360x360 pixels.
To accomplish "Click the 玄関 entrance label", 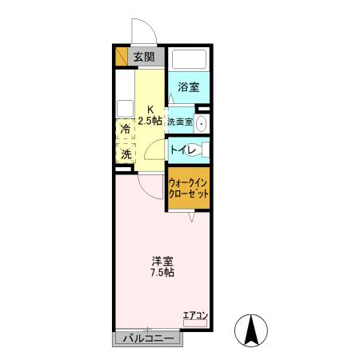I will point(145,57).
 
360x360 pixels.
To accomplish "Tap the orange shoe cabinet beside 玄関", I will point(122,57).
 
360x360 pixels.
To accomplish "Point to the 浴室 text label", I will point(189,87).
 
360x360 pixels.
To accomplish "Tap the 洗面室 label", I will point(180,122).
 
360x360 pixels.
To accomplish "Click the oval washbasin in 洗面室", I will point(202,122).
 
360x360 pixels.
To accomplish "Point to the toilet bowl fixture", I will point(203,150).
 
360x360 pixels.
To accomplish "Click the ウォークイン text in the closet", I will point(189,182).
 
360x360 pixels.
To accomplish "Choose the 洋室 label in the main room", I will point(162,261).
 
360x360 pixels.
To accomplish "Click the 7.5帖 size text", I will point(162,273).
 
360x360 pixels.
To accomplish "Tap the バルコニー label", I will point(148,338).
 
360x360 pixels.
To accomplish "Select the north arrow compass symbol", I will point(251,330).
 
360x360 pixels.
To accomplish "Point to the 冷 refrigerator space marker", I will point(126,128).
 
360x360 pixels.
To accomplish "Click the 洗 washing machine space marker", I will point(126,154).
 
